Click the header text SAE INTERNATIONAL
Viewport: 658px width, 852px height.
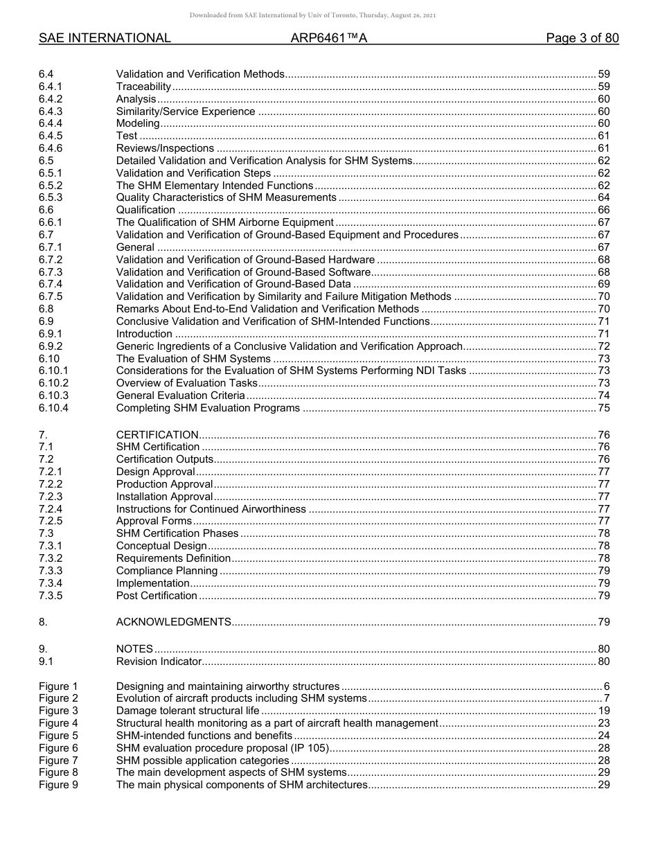tap(105, 39)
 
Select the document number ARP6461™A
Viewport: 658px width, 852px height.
tap(328, 39)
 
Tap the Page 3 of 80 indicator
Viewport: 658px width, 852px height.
tap(582, 39)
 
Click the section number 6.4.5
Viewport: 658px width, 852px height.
tap(51, 136)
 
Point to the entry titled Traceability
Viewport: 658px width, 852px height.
tap(143, 87)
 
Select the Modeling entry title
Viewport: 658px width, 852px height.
tap(138, 123)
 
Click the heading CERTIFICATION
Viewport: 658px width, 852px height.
tap(157, 435)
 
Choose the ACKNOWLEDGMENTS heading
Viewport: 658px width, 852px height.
tap(173, 622)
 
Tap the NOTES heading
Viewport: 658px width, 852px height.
tap(134, 649)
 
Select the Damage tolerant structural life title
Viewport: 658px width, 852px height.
tap(188, 711)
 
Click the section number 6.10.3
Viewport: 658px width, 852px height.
tap(53, 396)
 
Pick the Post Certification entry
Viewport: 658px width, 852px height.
tap(157, 596)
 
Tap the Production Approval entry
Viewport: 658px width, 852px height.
tap(164, 484)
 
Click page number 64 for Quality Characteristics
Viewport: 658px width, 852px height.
tap(603, 197)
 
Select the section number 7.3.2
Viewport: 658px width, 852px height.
tap(51, 558)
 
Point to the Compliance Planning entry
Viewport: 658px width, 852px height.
tap(167, 571)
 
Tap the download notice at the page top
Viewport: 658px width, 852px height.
tap(313, 15)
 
